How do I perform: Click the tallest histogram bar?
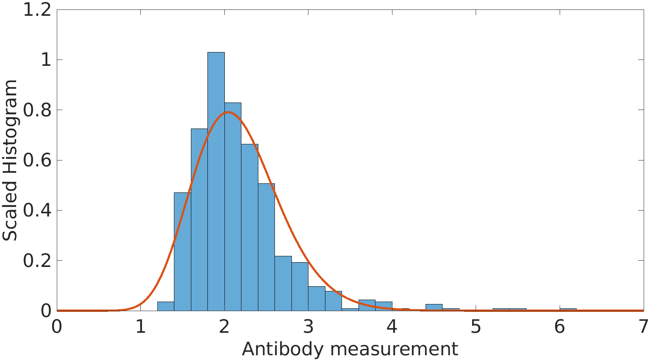(x=216, y=181)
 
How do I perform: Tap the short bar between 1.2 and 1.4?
(x=166, y=306)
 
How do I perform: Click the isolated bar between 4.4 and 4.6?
(x=434, y=308)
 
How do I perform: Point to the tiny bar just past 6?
(x=568, y=310)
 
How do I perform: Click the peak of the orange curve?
(x=228, y=112)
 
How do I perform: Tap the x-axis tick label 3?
(x=308, y=327)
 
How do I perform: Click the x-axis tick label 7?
(x=643, y=327)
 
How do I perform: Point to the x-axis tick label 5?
(x=476, y=327)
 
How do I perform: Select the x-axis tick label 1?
(x=141, y=327)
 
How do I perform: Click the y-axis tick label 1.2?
(x=37, y=10)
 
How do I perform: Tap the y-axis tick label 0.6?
(x=37, y=160)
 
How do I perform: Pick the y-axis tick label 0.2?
(x=37, y=261)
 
